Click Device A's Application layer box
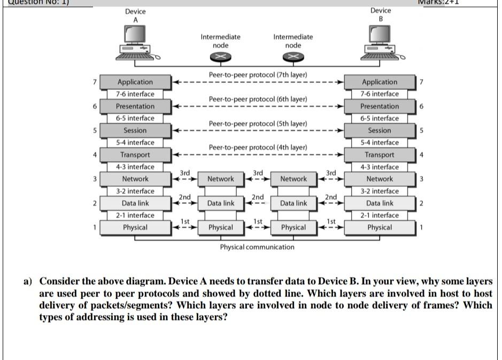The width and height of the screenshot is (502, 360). point(135,82)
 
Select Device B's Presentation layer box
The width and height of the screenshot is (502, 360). point(380,106)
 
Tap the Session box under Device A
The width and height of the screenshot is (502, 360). point(135,130)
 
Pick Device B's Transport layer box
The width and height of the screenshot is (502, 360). point(380,155)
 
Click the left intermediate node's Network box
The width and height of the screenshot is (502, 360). point(221,179)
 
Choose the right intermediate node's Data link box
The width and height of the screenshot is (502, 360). point(294,203)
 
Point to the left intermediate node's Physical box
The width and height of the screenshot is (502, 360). point(221,228)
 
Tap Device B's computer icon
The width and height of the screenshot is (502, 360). point(381,43)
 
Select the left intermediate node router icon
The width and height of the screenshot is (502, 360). point(220,56)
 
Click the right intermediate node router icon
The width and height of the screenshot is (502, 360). point(293,56)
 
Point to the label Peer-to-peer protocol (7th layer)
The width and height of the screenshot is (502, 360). point(258,75)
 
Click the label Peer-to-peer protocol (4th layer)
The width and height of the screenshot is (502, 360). point(258,147)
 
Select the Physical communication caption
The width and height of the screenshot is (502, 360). point(257,247)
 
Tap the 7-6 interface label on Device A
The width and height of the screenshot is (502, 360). point(135,94)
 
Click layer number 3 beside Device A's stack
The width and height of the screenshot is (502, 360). point(95,179)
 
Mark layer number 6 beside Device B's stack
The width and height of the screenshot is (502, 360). point(421,106)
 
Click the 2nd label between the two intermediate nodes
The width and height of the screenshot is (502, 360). point(258,198)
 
